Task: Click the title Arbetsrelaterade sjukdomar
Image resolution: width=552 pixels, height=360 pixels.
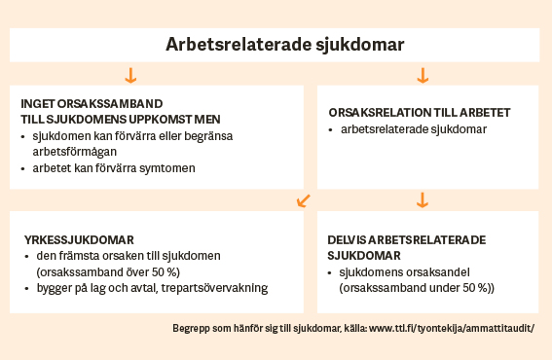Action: coord(285,45)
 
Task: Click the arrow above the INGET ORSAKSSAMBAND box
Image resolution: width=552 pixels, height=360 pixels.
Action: coord(130,75)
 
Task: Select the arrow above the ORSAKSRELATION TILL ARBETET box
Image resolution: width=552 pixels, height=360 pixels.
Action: coord(423,75)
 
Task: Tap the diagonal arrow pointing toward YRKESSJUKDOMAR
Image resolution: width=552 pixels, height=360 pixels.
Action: coord(304,200)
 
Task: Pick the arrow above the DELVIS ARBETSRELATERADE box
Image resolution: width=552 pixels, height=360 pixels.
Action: coord(423,199)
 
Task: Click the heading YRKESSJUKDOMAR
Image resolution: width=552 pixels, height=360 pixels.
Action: coord(79,240)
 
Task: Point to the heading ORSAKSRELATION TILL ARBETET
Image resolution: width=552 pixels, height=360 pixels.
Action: coord(420,113)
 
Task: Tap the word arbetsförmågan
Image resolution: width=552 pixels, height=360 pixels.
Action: coord(75,152)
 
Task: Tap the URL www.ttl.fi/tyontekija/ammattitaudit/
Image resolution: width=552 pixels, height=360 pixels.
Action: coord(452,328)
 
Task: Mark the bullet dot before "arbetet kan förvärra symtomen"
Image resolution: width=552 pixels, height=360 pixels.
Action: coord(23,169)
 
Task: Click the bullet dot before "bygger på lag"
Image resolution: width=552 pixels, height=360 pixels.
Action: coord(26,289)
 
